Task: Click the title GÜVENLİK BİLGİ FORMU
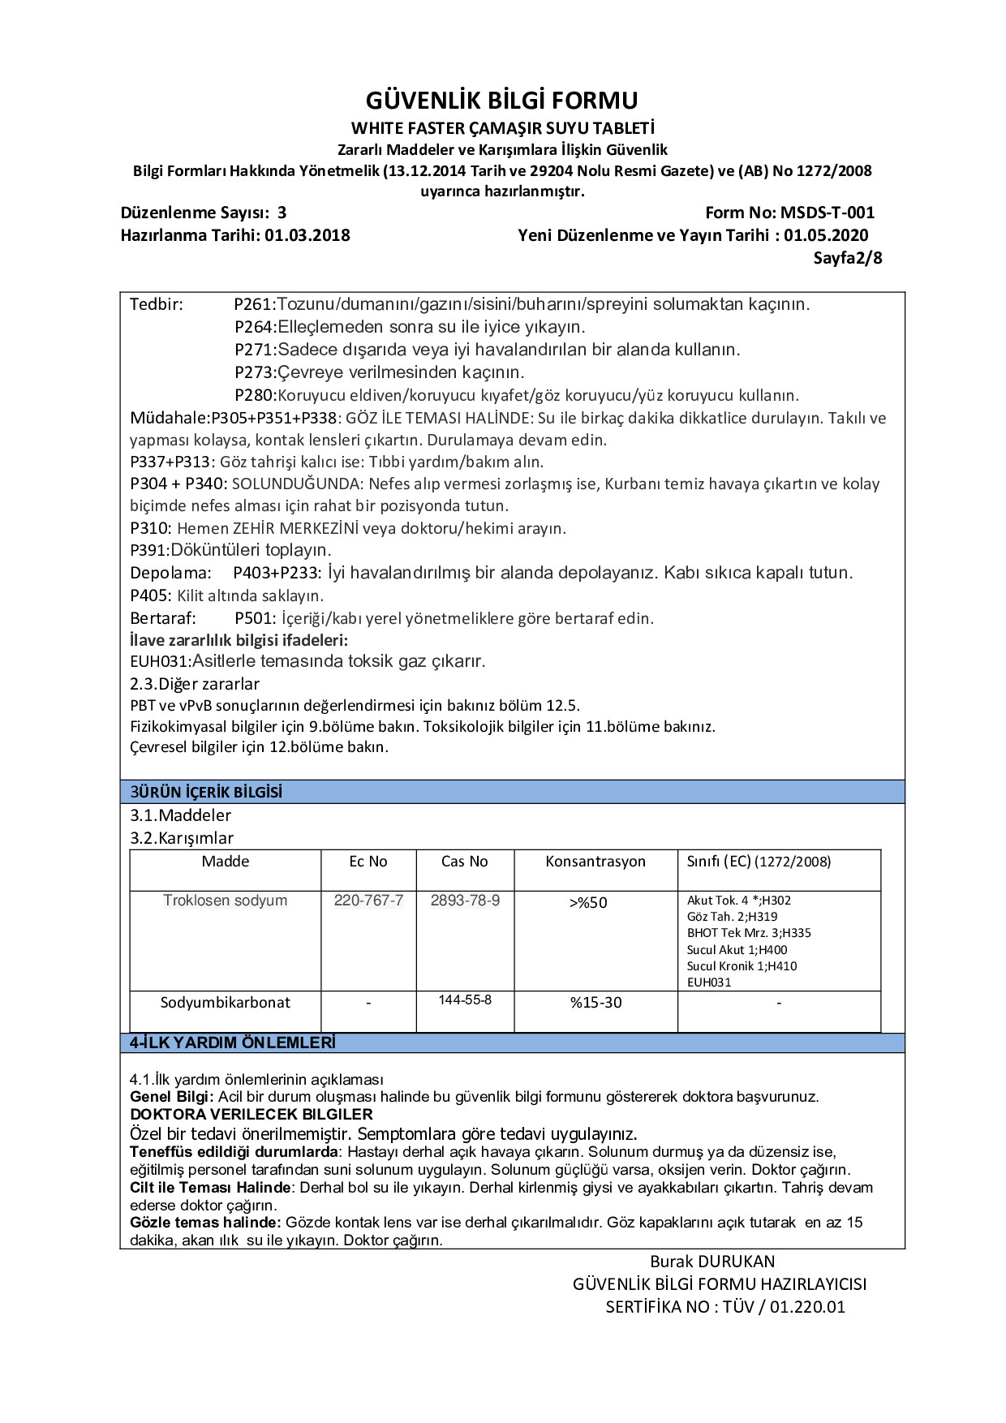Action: pyautogui.click(x=501, y=101)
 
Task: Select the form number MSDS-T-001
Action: pyautogui.click(x=827, y=213)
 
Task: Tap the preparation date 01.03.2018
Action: pyautogui.click(x=307, y=236)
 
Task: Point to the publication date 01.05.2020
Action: pyautogui.click(x=826, y=236)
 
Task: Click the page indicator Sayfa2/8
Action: pyautogui.click(x=847, y=259)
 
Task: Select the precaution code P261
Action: pyautogui.click(x=254, y=305)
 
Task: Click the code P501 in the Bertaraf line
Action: pyautogui.click(x=255, y=619)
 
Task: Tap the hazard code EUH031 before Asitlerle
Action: pyautogui.click(x=159, y=662)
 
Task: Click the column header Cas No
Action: pyautogui.click(x=464, y=862)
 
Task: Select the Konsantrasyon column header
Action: pyautogui.click(x=595, y=862)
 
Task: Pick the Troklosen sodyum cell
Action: pyautogui.click(x=225, y=901)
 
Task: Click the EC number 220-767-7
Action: pyautogui.click(x=368, y=901)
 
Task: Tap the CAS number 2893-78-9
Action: pyautogui.click(x=465, y=901)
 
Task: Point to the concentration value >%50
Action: pyautogui.click(x=588, y=903)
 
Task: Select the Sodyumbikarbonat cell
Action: pyautogui.click(x=225, y=1003)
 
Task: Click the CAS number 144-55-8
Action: pyautogui.click(x=465, y=1000)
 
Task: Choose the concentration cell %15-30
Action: pyautogui.click(x=595, y=1004)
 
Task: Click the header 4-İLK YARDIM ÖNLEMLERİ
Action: pyautogui.click(x=232, y=1043)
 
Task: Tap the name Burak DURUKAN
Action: pyautogui.click(x=712, y=1262)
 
